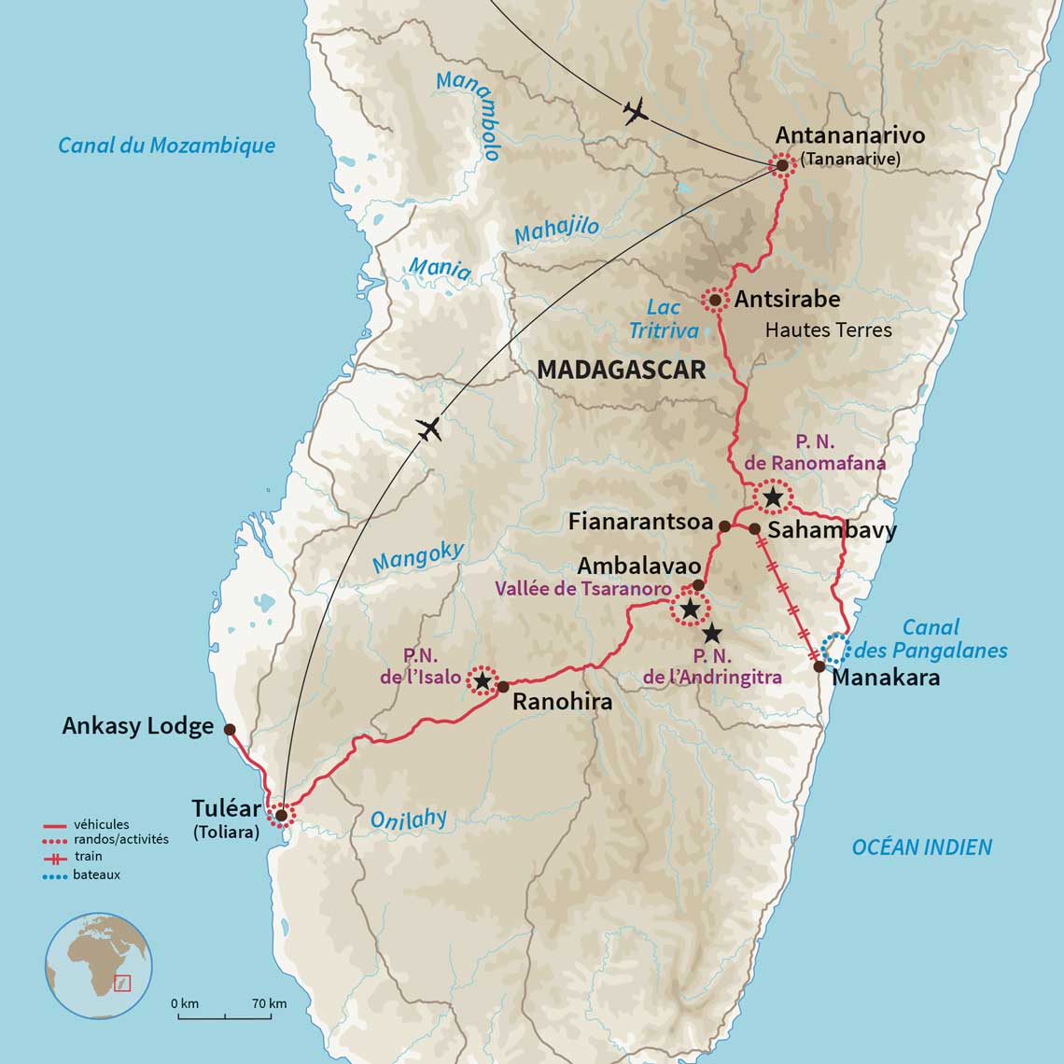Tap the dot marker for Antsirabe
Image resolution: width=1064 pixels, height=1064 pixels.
pyautogui.click(x=715, y=300)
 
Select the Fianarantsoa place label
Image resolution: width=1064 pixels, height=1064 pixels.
pyautogui.click(x=640, y=522)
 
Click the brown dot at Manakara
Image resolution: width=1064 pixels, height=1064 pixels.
pyautogui.click(x=819, y=666)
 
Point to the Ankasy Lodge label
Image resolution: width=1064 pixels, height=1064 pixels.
pyautogui.click(x=138, y=726)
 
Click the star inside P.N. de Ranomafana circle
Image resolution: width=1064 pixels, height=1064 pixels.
pyautogui.click(x=773, y=497)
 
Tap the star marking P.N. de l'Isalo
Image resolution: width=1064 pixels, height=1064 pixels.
pyautogui.click(x=482, y=681)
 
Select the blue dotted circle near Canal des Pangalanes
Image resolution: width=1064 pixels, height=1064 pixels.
pyautogui.click(x=835, y=646)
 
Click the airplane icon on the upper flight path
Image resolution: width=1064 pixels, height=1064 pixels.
pyautogui.click(x=635, y=113)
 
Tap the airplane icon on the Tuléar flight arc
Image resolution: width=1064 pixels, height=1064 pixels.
pyautogui.click(x=428, y=429)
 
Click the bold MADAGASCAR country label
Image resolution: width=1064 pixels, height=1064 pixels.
pyautogui.click(x=622, y=371)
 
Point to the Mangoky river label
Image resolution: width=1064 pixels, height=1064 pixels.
pyautogui.click(x=417, y=557)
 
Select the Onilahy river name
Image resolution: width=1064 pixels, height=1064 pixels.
pyautogui.click(x=408, y=819)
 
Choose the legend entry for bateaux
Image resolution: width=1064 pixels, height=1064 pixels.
pyautogui.click(x=97, y=875)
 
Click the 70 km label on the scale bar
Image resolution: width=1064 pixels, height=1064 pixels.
pyautogui.click(x=269, y=1003)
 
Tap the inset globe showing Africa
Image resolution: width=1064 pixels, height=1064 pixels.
pyautogui.click(x=98, y=965)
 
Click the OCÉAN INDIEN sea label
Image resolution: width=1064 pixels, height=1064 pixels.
pyautogui.click(x=921, y=847)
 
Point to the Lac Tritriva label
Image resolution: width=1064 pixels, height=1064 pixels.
pyautogui.click(x=664, y=319)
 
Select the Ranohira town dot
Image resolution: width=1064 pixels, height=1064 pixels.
pyautogui.click(x=503, y=687)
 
